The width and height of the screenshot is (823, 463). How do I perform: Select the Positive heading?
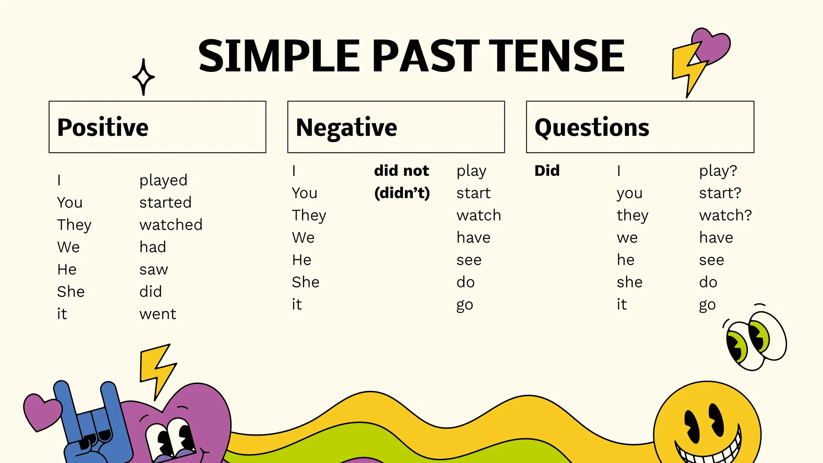pos(103,127)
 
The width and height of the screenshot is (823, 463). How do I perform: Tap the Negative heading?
pos(346,127)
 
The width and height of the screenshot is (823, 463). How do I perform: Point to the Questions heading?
pos(592,127)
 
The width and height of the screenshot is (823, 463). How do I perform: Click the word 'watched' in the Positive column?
pos(171,225)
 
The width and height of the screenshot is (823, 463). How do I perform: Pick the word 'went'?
pos(158,314)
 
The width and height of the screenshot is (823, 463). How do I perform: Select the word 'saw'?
pos(154,269)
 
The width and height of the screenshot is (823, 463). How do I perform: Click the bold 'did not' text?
pos(401,171)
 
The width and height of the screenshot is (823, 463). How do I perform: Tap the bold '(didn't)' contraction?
pos(402,193)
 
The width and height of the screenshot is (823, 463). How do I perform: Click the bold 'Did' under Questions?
pos(547,171)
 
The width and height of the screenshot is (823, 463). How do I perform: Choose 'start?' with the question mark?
pos(720,193)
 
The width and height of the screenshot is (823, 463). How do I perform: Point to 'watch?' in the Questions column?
pos(725,215)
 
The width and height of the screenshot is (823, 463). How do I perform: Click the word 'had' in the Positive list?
pos(153,247)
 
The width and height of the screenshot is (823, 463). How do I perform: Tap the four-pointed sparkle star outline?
pos(143,77)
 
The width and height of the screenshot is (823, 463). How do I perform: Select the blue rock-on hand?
pos(92,426)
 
